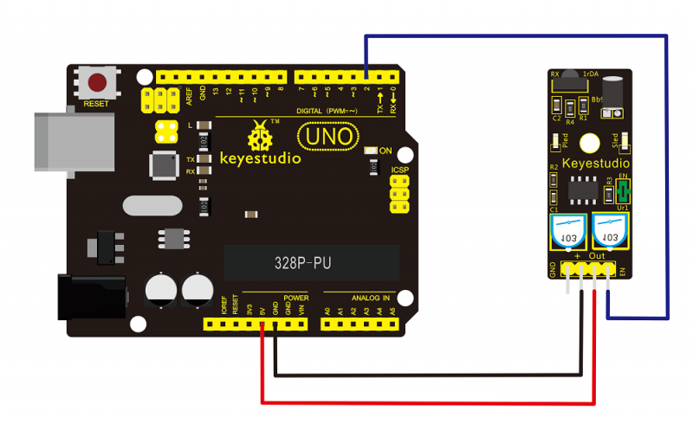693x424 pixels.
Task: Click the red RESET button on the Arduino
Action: point(98,83)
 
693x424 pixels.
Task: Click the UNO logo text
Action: point(327,136)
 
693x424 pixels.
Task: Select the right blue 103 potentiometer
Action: point(609,234)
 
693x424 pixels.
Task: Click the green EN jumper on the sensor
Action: point(621,187)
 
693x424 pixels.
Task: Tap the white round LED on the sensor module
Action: point(590,144)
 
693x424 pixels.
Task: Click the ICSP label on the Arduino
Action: point(400,170)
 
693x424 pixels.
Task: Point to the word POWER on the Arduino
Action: point(295,297)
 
